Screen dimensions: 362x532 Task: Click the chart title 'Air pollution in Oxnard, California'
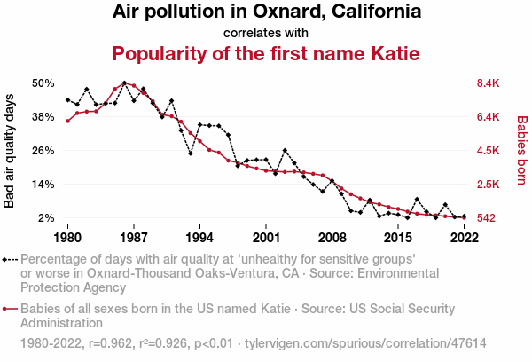tap(266, 12)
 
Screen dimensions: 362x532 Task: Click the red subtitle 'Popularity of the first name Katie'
tap(266, 54)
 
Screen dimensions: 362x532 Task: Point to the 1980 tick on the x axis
tap(67, 238)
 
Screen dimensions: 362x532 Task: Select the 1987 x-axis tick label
tap(134, 238)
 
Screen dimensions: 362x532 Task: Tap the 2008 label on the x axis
tap(332, 238)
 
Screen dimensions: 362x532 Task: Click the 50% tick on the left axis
tap(43, 83)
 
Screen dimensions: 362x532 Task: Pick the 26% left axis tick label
tap(43, 151)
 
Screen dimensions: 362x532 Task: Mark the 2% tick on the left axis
tap(47, 218)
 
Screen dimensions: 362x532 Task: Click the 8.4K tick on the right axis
tap(489, 83)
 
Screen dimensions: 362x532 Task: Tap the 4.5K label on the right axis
tap(489, 151)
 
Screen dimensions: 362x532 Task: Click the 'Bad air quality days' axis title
tap(10, 151)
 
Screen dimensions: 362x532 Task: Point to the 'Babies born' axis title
tap(522, 151)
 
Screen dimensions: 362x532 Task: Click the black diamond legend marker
tap(7, 259)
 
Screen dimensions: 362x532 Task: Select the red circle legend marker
tap(7, 309)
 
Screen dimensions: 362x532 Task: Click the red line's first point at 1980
tap(67, 121)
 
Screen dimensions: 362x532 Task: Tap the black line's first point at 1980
tap(67, 100)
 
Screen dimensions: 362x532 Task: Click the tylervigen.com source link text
tap(365, 342)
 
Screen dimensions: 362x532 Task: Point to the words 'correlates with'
tap(266, 33)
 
